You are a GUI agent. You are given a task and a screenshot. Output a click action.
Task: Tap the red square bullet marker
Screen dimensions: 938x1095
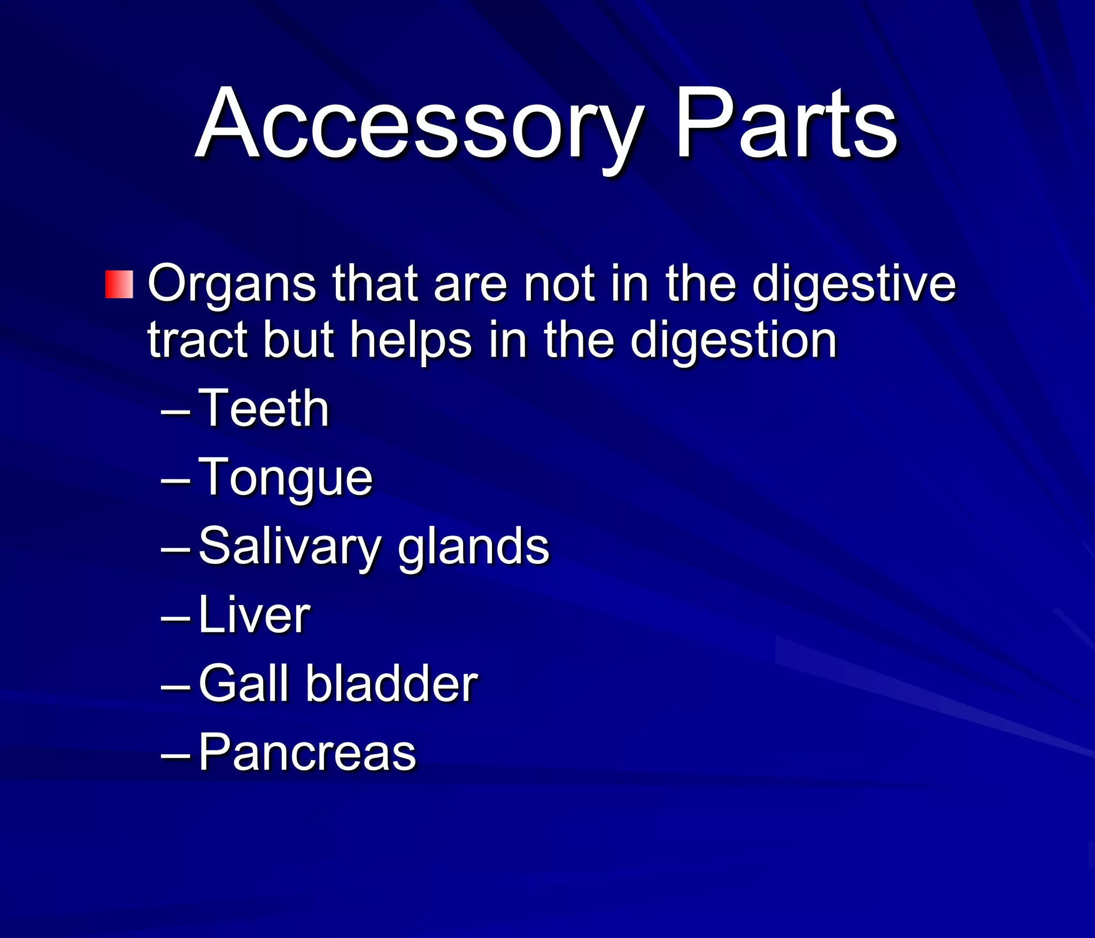pos(119,284)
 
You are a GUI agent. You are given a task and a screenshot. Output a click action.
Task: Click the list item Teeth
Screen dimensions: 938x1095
pos(264,409)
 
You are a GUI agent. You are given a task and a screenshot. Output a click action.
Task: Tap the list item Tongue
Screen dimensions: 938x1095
pos(286,478)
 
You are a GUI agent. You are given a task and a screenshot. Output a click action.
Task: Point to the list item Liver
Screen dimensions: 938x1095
pos(254,616)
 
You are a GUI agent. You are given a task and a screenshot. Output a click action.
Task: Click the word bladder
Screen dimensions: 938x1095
pos(391,684)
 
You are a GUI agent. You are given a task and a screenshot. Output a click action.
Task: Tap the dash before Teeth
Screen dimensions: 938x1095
pos(175,412)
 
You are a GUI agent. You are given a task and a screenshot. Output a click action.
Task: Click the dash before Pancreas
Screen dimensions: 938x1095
pos(175,756)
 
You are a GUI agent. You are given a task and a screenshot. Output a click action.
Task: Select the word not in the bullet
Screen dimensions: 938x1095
pos(559,284)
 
